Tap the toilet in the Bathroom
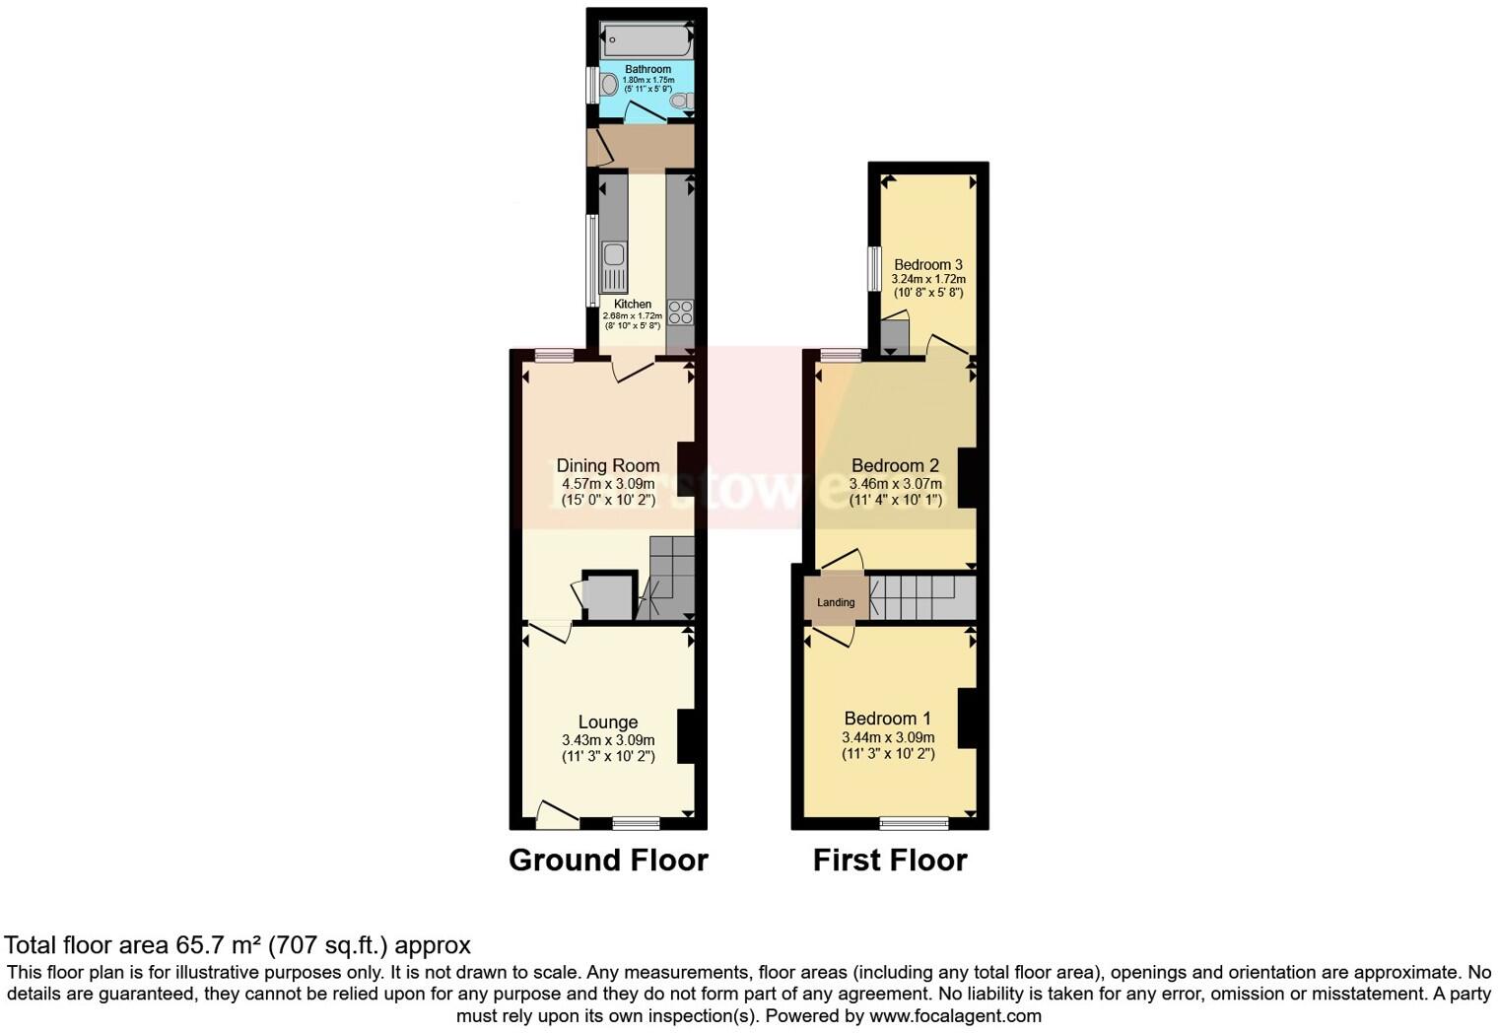click(x=679, y=101)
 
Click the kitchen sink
click(x=614, y=255)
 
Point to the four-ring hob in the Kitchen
click(x=680, y=312)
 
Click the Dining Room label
click(x=608, y=465)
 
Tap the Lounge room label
click(x=608, y=723)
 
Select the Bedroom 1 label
click(x=887, y=719)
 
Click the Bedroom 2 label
click(x=895, y=465)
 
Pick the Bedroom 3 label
click(x=928, y=264)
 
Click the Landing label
click(x=836, y=602)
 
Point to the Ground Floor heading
click(x=608, y=861)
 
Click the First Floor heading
click(x=890, y=861)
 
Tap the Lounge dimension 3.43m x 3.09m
click(x=608, y=740)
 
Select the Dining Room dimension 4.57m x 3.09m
click(x=608, y=484)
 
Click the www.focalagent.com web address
click(x=955, y=1015)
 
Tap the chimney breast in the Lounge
click(x=687, y=735)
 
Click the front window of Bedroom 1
click(x=915, y=823)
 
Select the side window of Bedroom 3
click(x=874, y=269)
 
